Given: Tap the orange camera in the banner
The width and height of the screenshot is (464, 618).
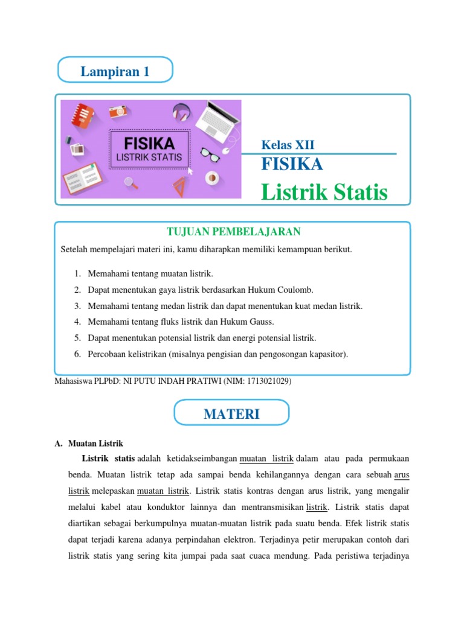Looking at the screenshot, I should (117, 112).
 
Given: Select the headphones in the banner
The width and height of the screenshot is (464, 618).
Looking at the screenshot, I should (181, 110).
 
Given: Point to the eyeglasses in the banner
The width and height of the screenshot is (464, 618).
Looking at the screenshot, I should (210, 154).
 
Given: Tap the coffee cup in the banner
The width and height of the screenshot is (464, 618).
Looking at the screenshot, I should (212, 178).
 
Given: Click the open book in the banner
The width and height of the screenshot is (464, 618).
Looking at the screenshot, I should (81, 176).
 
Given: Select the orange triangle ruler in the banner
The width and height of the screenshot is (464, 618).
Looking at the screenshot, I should (179, 186).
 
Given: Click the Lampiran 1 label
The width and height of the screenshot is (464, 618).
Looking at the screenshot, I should (115, 72).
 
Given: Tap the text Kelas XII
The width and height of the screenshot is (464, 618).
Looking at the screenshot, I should (287, 145).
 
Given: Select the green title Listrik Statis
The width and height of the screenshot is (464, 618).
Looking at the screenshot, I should (324, 193).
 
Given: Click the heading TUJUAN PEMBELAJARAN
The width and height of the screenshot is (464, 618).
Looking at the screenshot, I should (233, 232).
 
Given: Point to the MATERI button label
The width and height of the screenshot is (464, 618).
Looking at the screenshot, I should (231, 414).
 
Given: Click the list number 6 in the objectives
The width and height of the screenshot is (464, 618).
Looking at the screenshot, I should (78, 354).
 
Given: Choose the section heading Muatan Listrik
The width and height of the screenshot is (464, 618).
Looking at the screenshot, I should (96, 444).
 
